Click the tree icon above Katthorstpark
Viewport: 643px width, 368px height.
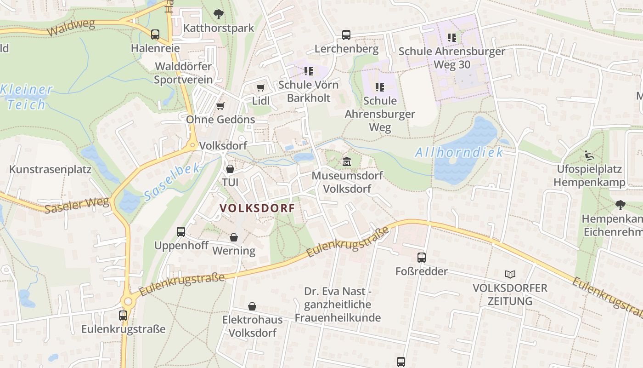click(x=219, y=14)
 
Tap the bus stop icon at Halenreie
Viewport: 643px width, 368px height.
click(x=155, y=34)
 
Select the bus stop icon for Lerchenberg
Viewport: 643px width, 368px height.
click(x=346, y=35)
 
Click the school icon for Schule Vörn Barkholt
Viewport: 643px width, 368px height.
click(x=309, y=71)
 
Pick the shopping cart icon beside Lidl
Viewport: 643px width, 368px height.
click(x=261, y=87)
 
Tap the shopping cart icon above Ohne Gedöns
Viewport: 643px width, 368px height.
click(x=220, y=106)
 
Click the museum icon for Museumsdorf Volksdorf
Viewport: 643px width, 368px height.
click(x=347, y=162)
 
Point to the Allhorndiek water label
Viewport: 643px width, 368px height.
click(x=459, y=153)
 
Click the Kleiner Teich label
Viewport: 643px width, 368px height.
click(x=27, y=97)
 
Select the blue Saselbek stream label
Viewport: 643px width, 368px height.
click(x=172, y=182)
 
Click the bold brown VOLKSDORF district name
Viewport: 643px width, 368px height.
click(x=257, y=208)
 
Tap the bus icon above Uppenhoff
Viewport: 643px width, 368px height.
click(x=181, y=232)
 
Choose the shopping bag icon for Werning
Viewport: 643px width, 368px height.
click(x=234, y=237)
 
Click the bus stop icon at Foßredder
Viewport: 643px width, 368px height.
click(x=422, y=258)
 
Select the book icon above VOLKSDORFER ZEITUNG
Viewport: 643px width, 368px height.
click(x=510, y=275)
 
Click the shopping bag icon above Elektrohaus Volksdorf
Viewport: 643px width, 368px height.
click(x=252, y=306)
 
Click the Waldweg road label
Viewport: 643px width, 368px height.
click(x=67, y=29)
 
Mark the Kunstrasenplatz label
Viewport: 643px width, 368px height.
click(x=50, y=169)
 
